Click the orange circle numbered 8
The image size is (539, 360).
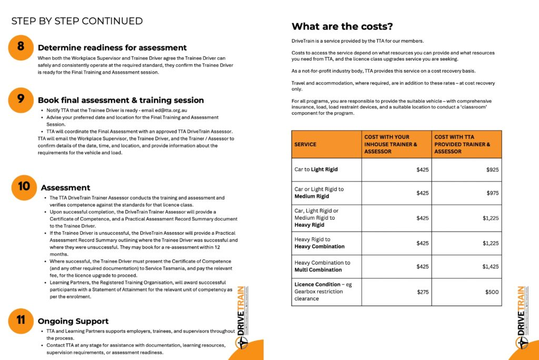click(x=21, y=46)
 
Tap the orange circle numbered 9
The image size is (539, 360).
click(x=21, y=99)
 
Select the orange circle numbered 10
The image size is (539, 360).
click(x=23, y=187)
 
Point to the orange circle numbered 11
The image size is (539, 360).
click(x=21, y=321)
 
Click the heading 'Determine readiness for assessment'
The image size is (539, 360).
click(x=112, y=48)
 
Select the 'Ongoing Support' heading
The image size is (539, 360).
click(x=73, y=321)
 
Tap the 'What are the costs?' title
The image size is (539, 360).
click(x=342, y=26)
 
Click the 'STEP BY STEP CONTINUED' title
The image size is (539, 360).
click(x=77, y=21)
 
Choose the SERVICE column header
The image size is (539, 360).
click(x=305, y=144)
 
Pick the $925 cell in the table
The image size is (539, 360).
click(x=493, y=170)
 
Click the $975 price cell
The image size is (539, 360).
click(x=493, y=193)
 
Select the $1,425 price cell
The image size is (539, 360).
click(x=491, y=267)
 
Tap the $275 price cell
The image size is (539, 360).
click(x=423, y=292)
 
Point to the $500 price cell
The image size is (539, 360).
click(x=492, y=292)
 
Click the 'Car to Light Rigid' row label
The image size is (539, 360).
click(x=316, y=170)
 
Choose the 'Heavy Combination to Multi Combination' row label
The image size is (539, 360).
click(x=322, y=266)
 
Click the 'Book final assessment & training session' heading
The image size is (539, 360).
click(x=121, y=101)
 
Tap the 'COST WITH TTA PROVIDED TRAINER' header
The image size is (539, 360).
click(x=462, y=144)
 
